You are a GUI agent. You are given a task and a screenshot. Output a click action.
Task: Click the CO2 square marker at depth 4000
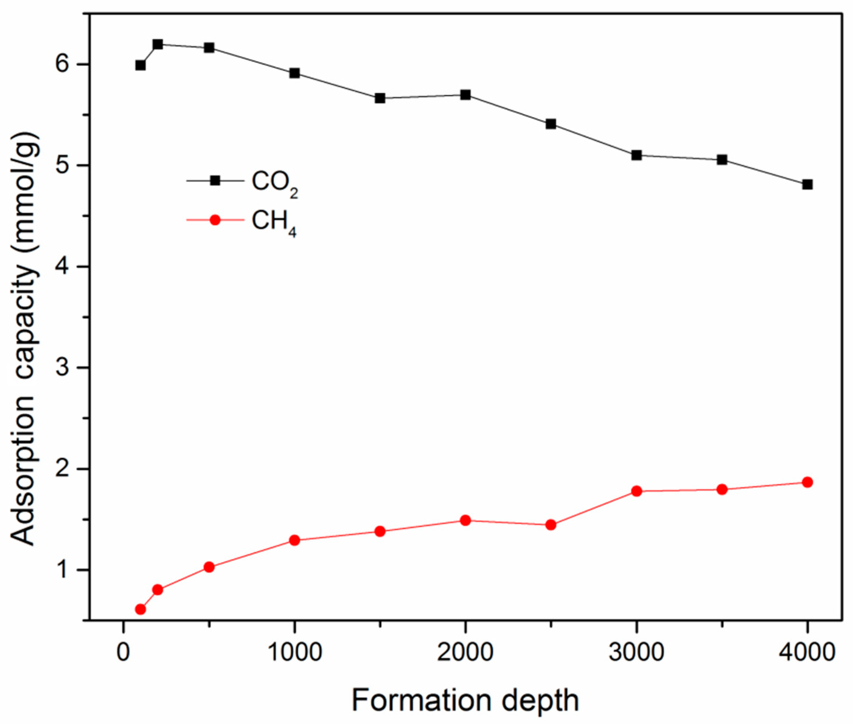[807, 184]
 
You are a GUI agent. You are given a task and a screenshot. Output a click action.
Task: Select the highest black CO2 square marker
[158, 44]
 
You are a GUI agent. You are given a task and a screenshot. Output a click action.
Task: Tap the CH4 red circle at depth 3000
[636, 491]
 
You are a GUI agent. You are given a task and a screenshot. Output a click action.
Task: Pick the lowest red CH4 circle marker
[140, 609]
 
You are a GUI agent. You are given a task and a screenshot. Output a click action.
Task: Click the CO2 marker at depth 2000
[466, 95]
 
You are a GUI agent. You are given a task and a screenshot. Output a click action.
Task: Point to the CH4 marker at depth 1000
[294, 540]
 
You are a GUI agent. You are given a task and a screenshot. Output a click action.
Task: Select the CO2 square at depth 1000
[294, 73]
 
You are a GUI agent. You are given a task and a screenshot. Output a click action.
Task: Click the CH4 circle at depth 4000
[807, 482]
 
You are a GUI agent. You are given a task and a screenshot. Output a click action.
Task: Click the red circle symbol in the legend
[215, 220]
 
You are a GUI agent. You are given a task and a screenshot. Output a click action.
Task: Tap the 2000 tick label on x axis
[465, 653]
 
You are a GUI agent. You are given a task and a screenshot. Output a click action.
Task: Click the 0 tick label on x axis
[123, 653]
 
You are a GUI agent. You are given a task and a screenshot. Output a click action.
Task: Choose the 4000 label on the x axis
[807, 653]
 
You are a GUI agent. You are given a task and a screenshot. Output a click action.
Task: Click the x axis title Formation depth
[465, 701]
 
